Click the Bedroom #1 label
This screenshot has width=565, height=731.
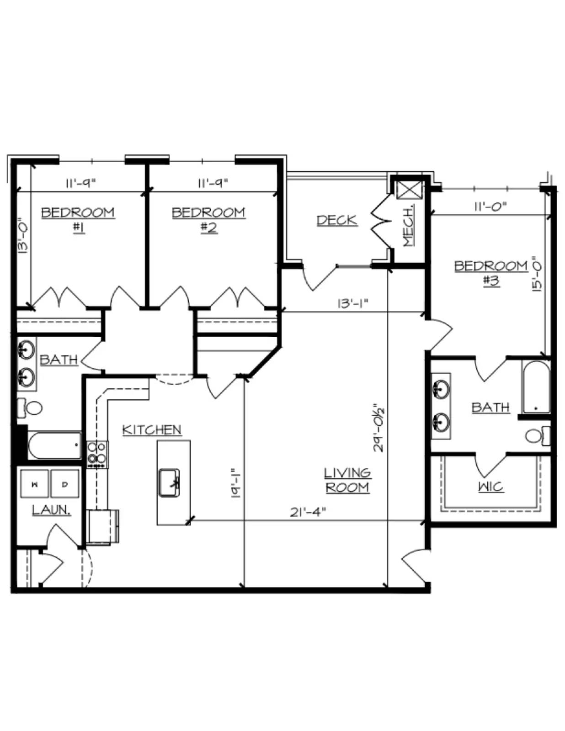[78, 220]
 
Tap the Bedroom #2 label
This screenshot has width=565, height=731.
[208, 220]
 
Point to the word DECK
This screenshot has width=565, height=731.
[337, 220]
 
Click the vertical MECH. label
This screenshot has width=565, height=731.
[408, 227]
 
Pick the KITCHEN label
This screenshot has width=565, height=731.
[152, 430]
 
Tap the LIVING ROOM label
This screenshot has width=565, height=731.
[347, 480]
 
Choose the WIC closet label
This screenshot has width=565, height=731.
[491, 487]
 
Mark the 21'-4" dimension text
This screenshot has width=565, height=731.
[308, 512]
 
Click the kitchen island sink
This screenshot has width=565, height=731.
[169, 482]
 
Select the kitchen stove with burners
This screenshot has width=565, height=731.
[97, 454]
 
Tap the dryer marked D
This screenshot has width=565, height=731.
[65, 484]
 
